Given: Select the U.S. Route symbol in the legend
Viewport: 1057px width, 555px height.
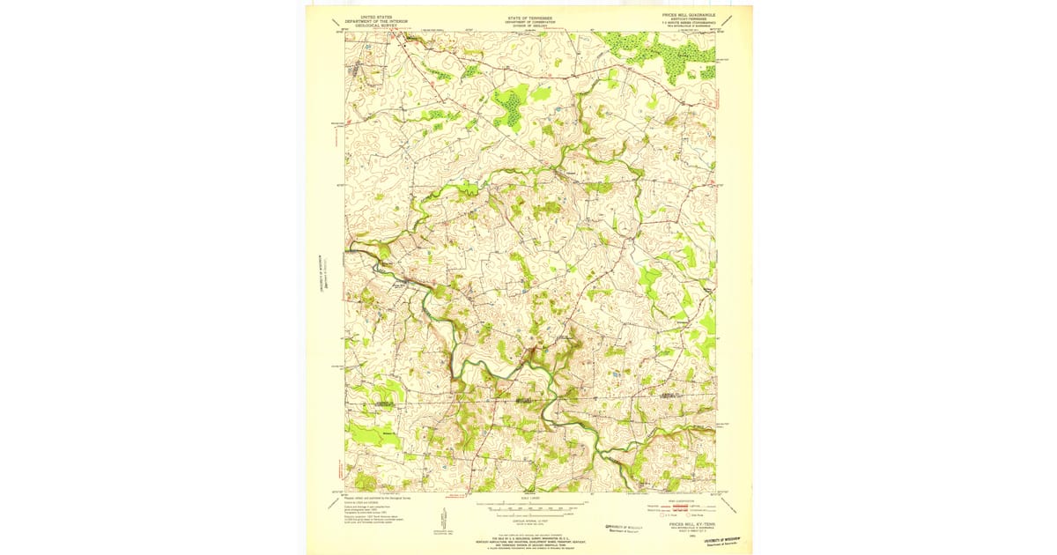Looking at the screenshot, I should coord(662,514).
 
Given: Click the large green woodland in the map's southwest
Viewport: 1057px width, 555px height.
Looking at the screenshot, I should coord(370,433).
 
